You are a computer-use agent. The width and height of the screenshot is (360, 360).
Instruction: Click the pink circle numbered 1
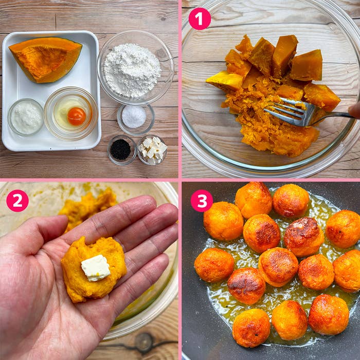point(200,19)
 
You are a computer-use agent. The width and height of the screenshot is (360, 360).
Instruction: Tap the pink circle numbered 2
point(17,201)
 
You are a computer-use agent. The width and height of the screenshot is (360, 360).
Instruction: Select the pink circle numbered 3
point(202,201)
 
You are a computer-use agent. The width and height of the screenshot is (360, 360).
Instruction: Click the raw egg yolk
point(77,116)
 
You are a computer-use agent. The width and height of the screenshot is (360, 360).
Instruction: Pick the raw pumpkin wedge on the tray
point(46,59)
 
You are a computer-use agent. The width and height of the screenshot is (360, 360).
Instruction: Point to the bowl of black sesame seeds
point(121,150)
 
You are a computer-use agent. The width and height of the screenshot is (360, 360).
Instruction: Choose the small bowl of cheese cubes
point(152,150)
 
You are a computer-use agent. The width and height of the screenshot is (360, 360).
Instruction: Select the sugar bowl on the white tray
point(26,117)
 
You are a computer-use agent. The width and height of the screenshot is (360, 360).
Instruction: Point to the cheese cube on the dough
point(96,268)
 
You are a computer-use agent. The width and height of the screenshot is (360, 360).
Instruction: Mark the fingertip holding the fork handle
point(354,111)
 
